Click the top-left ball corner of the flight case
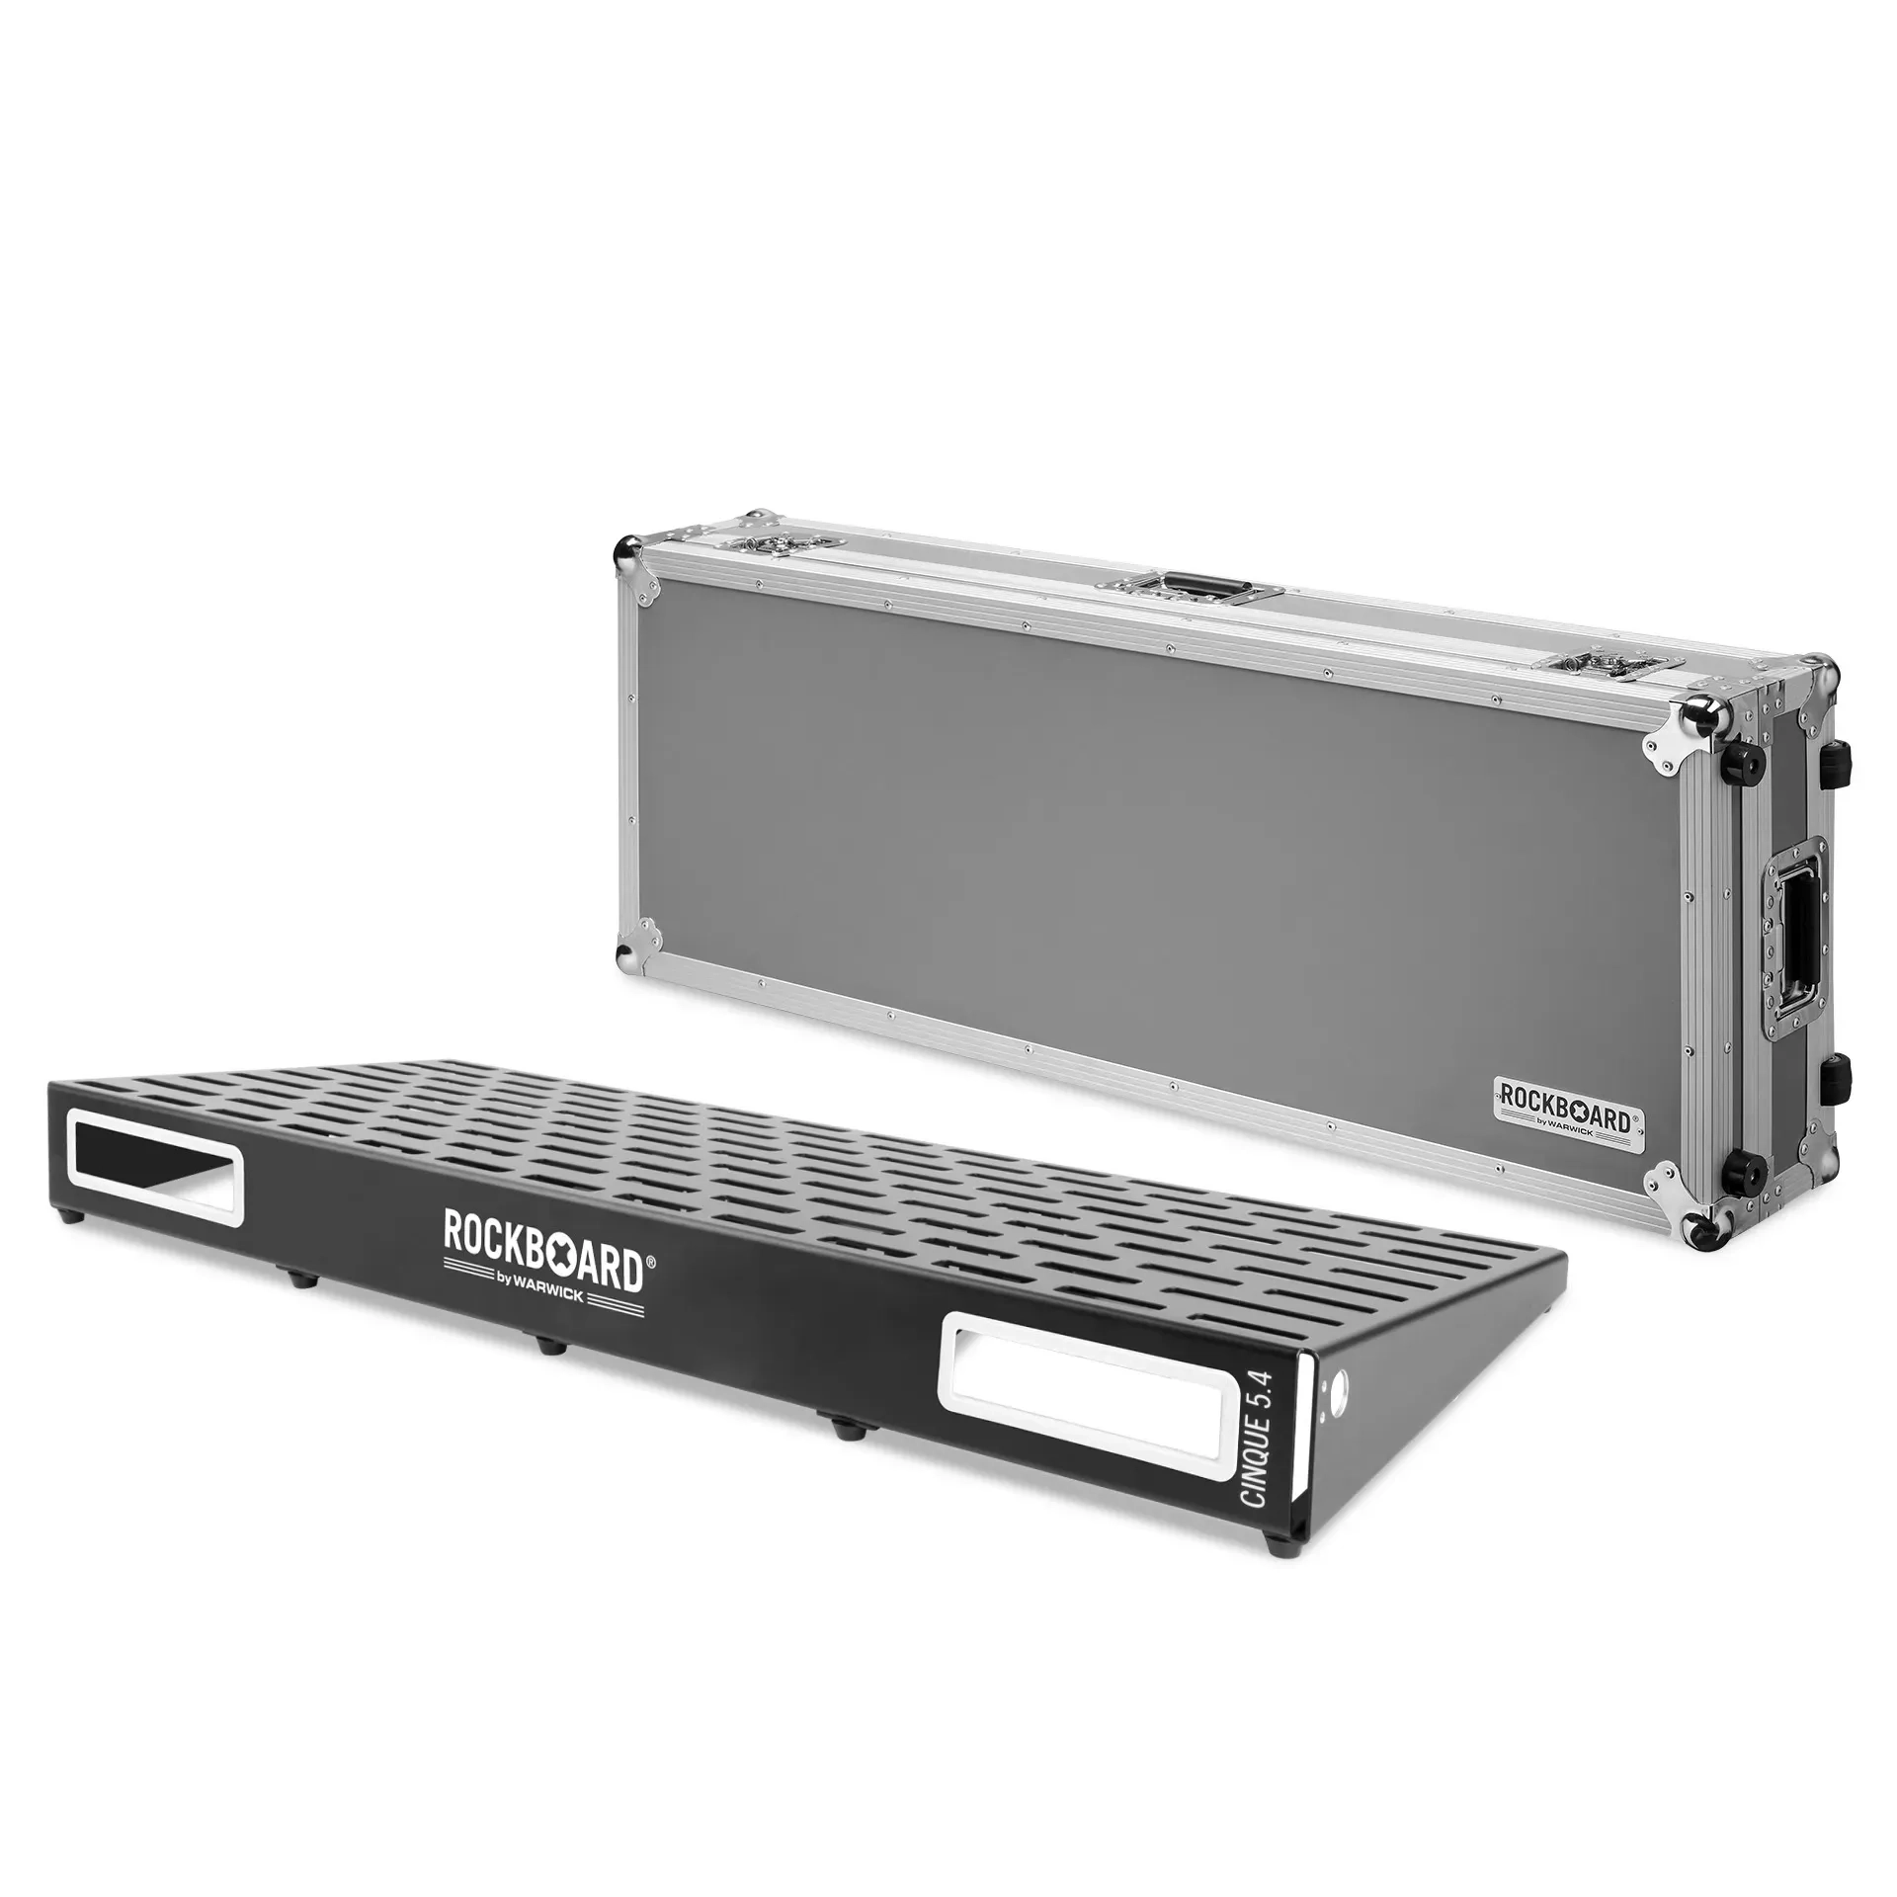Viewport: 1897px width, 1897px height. (x=624, y=548)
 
